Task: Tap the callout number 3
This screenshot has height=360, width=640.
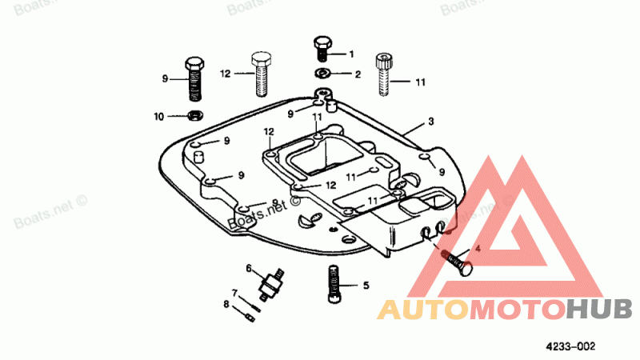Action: (x=430, y=122)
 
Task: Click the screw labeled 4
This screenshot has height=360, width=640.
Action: (x=454, y=262)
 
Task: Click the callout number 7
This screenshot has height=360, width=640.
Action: (x=235, y=292)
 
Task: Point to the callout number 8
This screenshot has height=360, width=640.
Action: (x=226, y=304)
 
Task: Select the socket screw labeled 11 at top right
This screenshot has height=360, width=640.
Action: (x=382, y=70)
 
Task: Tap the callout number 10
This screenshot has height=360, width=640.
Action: (x=159, y=117)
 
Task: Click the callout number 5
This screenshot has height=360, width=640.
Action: (x=366, y=285)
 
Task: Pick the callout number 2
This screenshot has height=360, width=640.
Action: (x=358, y=74)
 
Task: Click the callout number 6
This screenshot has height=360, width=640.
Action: (x=249, y=267)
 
